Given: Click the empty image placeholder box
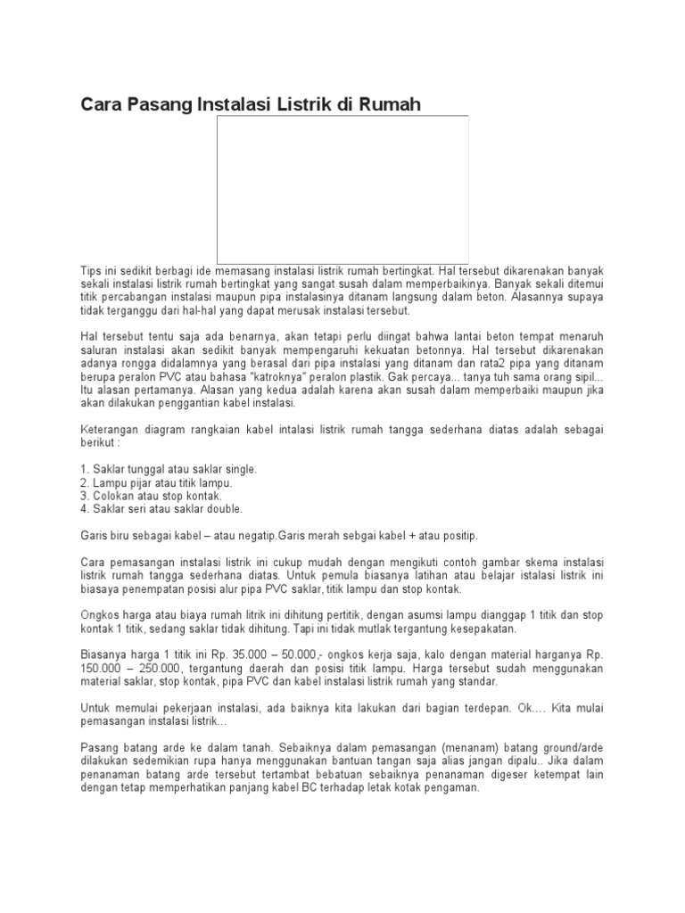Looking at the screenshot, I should coord(342,189).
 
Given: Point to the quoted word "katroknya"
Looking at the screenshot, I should coord(215,376).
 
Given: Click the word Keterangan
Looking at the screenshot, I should coord(111,429).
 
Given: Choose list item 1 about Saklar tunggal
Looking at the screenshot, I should coord(169,469).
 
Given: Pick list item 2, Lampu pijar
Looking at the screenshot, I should coord(156,482).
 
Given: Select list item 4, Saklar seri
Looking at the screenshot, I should coord(161,509).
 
